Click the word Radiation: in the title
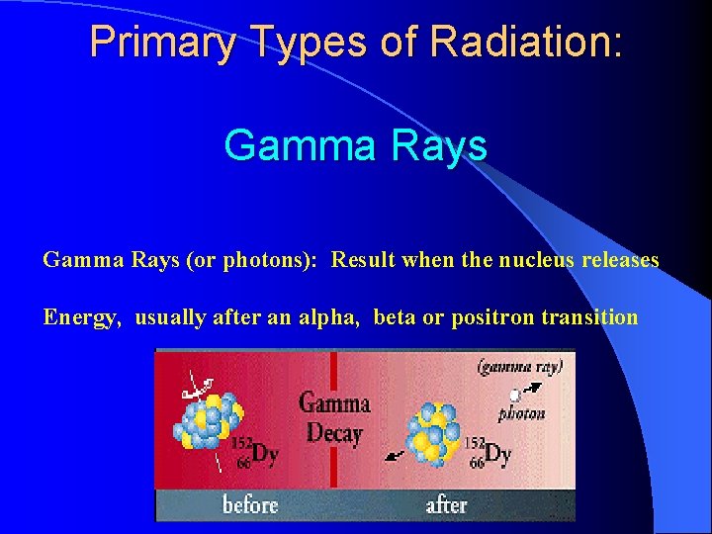[527, 43]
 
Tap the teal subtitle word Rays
[438, 145]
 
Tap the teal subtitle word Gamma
[298, 145]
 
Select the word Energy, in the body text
[84, 317]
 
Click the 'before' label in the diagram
[250, 505]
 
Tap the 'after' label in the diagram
[446, 505]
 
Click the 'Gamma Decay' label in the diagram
[334, 417]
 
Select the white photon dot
[514, 396]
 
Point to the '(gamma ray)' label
[520, 367]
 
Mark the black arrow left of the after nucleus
[394, 455]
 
